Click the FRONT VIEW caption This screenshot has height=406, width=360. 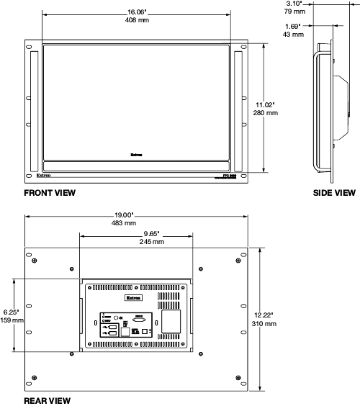(x=50, y=193)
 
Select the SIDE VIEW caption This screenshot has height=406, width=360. (x=333, y=193)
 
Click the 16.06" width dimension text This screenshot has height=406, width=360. (x=137, y=12)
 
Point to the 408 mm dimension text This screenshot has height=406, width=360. (x=137, y=21)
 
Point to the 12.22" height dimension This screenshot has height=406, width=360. (x=266, y=315)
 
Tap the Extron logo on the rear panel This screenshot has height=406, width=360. (x=134, y=296)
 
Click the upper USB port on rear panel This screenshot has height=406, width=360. (x=112, y=327)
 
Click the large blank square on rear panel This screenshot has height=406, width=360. (x=170, y=320)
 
